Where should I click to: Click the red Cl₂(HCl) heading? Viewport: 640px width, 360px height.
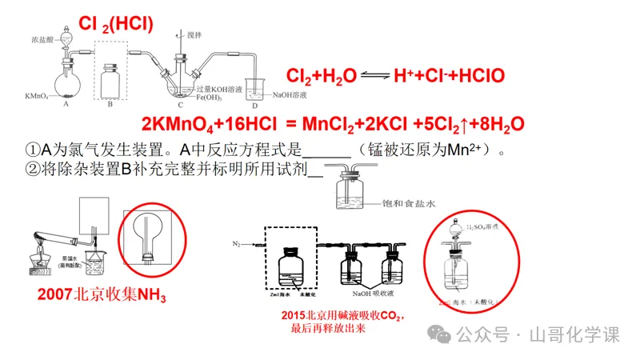click(116, 25)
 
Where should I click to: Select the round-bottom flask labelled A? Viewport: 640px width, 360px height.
click(66, 83)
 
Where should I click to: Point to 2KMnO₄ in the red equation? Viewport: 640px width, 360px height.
click(174, 124)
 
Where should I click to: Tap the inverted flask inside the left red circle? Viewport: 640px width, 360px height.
click(149, 237)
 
